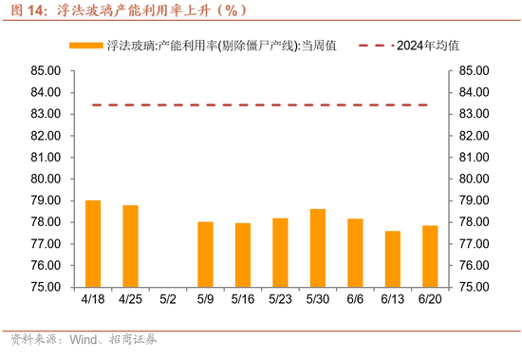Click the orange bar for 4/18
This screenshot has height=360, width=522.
tap(93, 243)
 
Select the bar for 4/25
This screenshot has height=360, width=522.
tap(130, 245)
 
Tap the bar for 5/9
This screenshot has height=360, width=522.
tap(205, 254)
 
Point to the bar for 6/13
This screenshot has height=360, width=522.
tap(392, 258)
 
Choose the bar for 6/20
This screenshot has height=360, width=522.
tap(429, 256)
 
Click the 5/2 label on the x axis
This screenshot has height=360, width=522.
tap(168, 300)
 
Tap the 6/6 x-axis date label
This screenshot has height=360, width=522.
tap(355, 300)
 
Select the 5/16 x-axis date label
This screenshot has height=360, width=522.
tap(243, 300)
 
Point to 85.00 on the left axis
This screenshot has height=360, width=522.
tap(45, 70)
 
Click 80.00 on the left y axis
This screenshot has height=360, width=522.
tap(45, 179)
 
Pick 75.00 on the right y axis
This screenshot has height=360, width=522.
tap(475, 287)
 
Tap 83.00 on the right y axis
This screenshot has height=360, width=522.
tap(475, 114)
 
